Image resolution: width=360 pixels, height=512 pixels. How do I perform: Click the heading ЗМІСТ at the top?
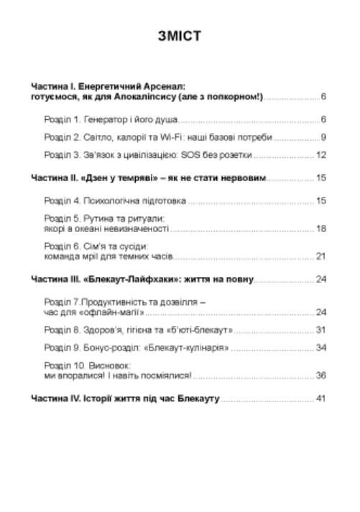coord(180,36)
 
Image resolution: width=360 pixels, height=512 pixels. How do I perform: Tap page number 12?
coord(322,155)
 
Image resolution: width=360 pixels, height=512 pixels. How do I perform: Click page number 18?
coord(322,229)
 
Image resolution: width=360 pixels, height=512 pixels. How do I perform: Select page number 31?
coord(322,330)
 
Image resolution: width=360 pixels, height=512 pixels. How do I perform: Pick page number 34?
coord(322,348)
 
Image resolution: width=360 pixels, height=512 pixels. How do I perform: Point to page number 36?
coord(322,376)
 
